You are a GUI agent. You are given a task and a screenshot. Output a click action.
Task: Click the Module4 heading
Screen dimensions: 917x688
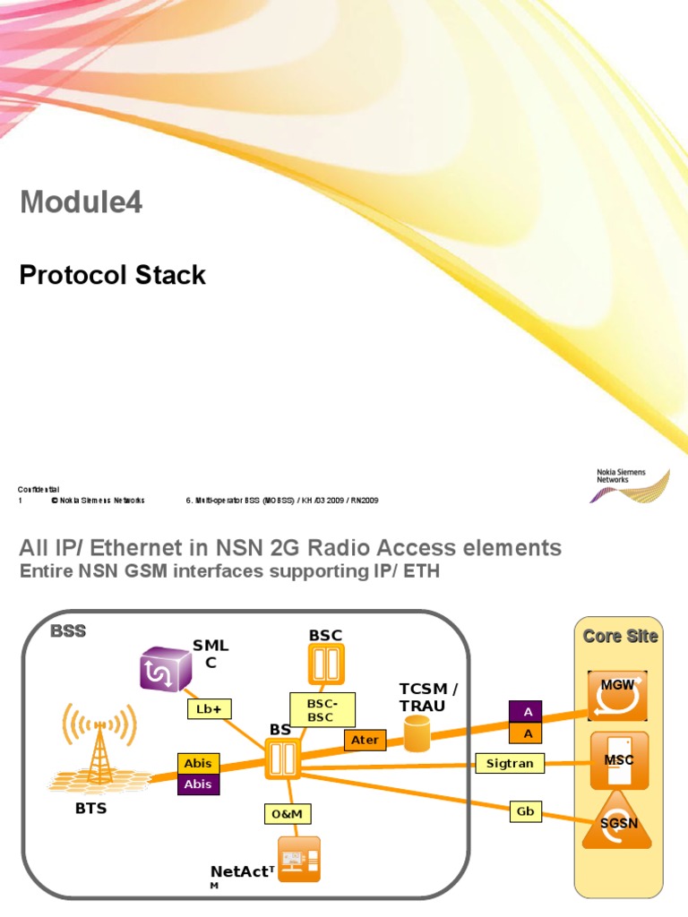point(81,203)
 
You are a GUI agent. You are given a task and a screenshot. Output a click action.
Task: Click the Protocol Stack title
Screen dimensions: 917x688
point(113,275)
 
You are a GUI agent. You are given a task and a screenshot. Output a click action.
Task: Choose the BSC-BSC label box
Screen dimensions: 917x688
point(322,708)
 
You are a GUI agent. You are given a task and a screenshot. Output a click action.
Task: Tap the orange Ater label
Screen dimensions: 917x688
point(365,740)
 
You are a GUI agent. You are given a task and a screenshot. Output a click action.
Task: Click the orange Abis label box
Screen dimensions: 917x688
point(198,764)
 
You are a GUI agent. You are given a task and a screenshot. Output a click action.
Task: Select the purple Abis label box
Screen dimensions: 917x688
point(198,784)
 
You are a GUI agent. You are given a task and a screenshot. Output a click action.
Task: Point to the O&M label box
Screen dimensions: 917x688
point(288,813)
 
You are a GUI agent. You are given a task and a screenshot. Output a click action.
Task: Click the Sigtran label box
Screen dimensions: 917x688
point(510,763)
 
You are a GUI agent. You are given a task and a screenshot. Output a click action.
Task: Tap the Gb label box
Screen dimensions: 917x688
point(524,810)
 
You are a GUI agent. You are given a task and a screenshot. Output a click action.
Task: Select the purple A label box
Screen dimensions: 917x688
point(529,711)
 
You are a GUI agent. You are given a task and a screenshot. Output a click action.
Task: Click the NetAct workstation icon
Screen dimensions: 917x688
point(298,860)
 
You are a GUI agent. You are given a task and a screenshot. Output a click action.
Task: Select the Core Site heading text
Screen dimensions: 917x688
point(620,636)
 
